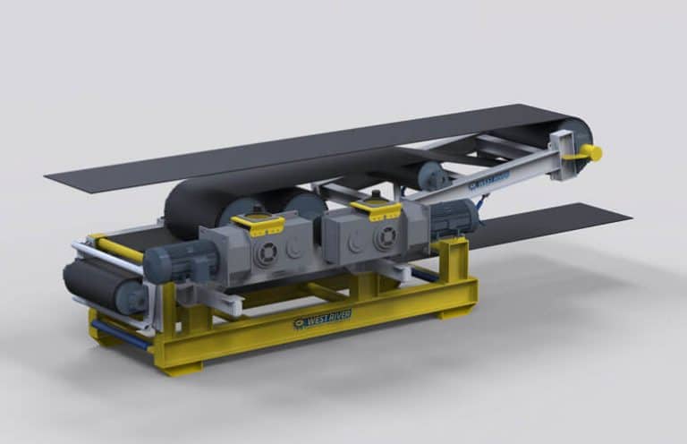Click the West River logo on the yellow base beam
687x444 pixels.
[322, 319]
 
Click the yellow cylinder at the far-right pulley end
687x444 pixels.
[589, 152]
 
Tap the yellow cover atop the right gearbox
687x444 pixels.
[376, 209]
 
